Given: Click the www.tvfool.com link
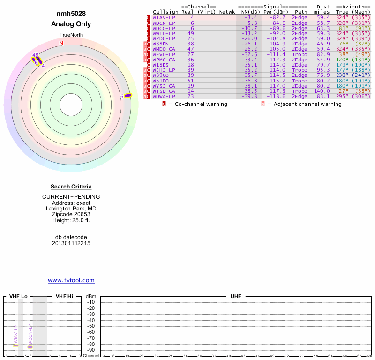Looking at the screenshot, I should pyautogui.click(x=71, y=280).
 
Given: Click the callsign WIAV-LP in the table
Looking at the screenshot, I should pyautogui.click(x=164, y=17).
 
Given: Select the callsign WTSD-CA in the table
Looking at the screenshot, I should pyautogui.click(x=164, y=91).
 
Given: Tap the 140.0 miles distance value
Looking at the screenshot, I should pyautogui.click(x=322, y=91).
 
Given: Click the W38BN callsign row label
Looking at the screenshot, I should pyautogui.click(x=160, y=44).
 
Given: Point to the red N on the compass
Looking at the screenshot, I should pyautogui.click(x=61, y=44).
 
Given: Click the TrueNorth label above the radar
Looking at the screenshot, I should pyautogui.click(x=71, y=35).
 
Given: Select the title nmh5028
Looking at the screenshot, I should pyautogui.click(x=71, y=14).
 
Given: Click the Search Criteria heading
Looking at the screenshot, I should pyautogui.click(x=71, y=187).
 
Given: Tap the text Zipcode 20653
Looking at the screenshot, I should pyautogui.click(x=71, y=214).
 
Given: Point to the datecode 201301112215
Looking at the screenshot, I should pyautogui.click(x=71, y=243).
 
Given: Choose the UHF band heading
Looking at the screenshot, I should pyautogui.click(x=235, y=297).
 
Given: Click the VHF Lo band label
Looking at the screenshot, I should pyautogui.click(x=18, y=297).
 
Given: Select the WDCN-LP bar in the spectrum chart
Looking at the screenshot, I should pyautogui.click(x=30, y=347).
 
